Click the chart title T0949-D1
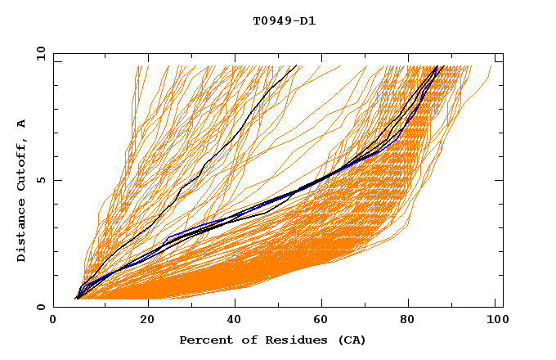click(x=284, y=20)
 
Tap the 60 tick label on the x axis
click(x=324, y=320)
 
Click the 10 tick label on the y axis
click(x=39, y=53)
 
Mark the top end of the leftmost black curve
click(x=297, y=65)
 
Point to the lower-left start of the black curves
click(x=75, y=299)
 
